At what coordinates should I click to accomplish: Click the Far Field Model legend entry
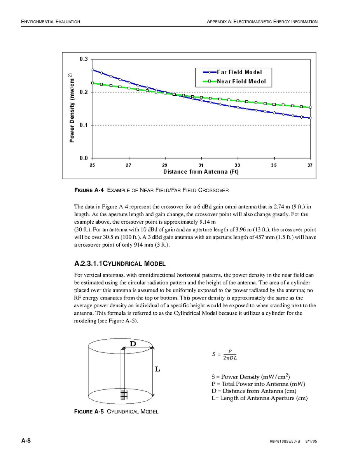click(x=239, y=72)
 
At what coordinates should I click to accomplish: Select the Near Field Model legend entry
click(x=241, y=81)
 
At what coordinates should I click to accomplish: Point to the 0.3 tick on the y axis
click(x=84, y=59)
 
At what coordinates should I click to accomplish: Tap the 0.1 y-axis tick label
click(x=84, y=125)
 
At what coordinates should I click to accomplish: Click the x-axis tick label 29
click(x=165, y=165)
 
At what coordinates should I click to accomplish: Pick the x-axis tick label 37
click(x=310, y=165)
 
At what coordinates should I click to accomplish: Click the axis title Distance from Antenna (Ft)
click(x=201, y=172)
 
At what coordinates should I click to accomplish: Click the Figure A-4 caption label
click(x=89, y=190)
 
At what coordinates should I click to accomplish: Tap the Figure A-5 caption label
click(x=89, y=412)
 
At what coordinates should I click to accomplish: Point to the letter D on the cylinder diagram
click(x=133, y=344)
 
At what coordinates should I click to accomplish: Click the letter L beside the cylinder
click(x=157, y=369)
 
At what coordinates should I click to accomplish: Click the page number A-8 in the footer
click(x=26, y=441)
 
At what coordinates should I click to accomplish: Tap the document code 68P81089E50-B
click(x=285, y=442)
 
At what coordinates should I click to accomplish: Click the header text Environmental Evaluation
click(x=51, y=22)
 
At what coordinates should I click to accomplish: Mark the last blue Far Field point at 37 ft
click(x=310, y=117)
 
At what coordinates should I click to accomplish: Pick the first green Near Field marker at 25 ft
click(x=92, y=83)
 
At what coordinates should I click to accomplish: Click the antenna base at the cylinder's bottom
click(x=123, y=394)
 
